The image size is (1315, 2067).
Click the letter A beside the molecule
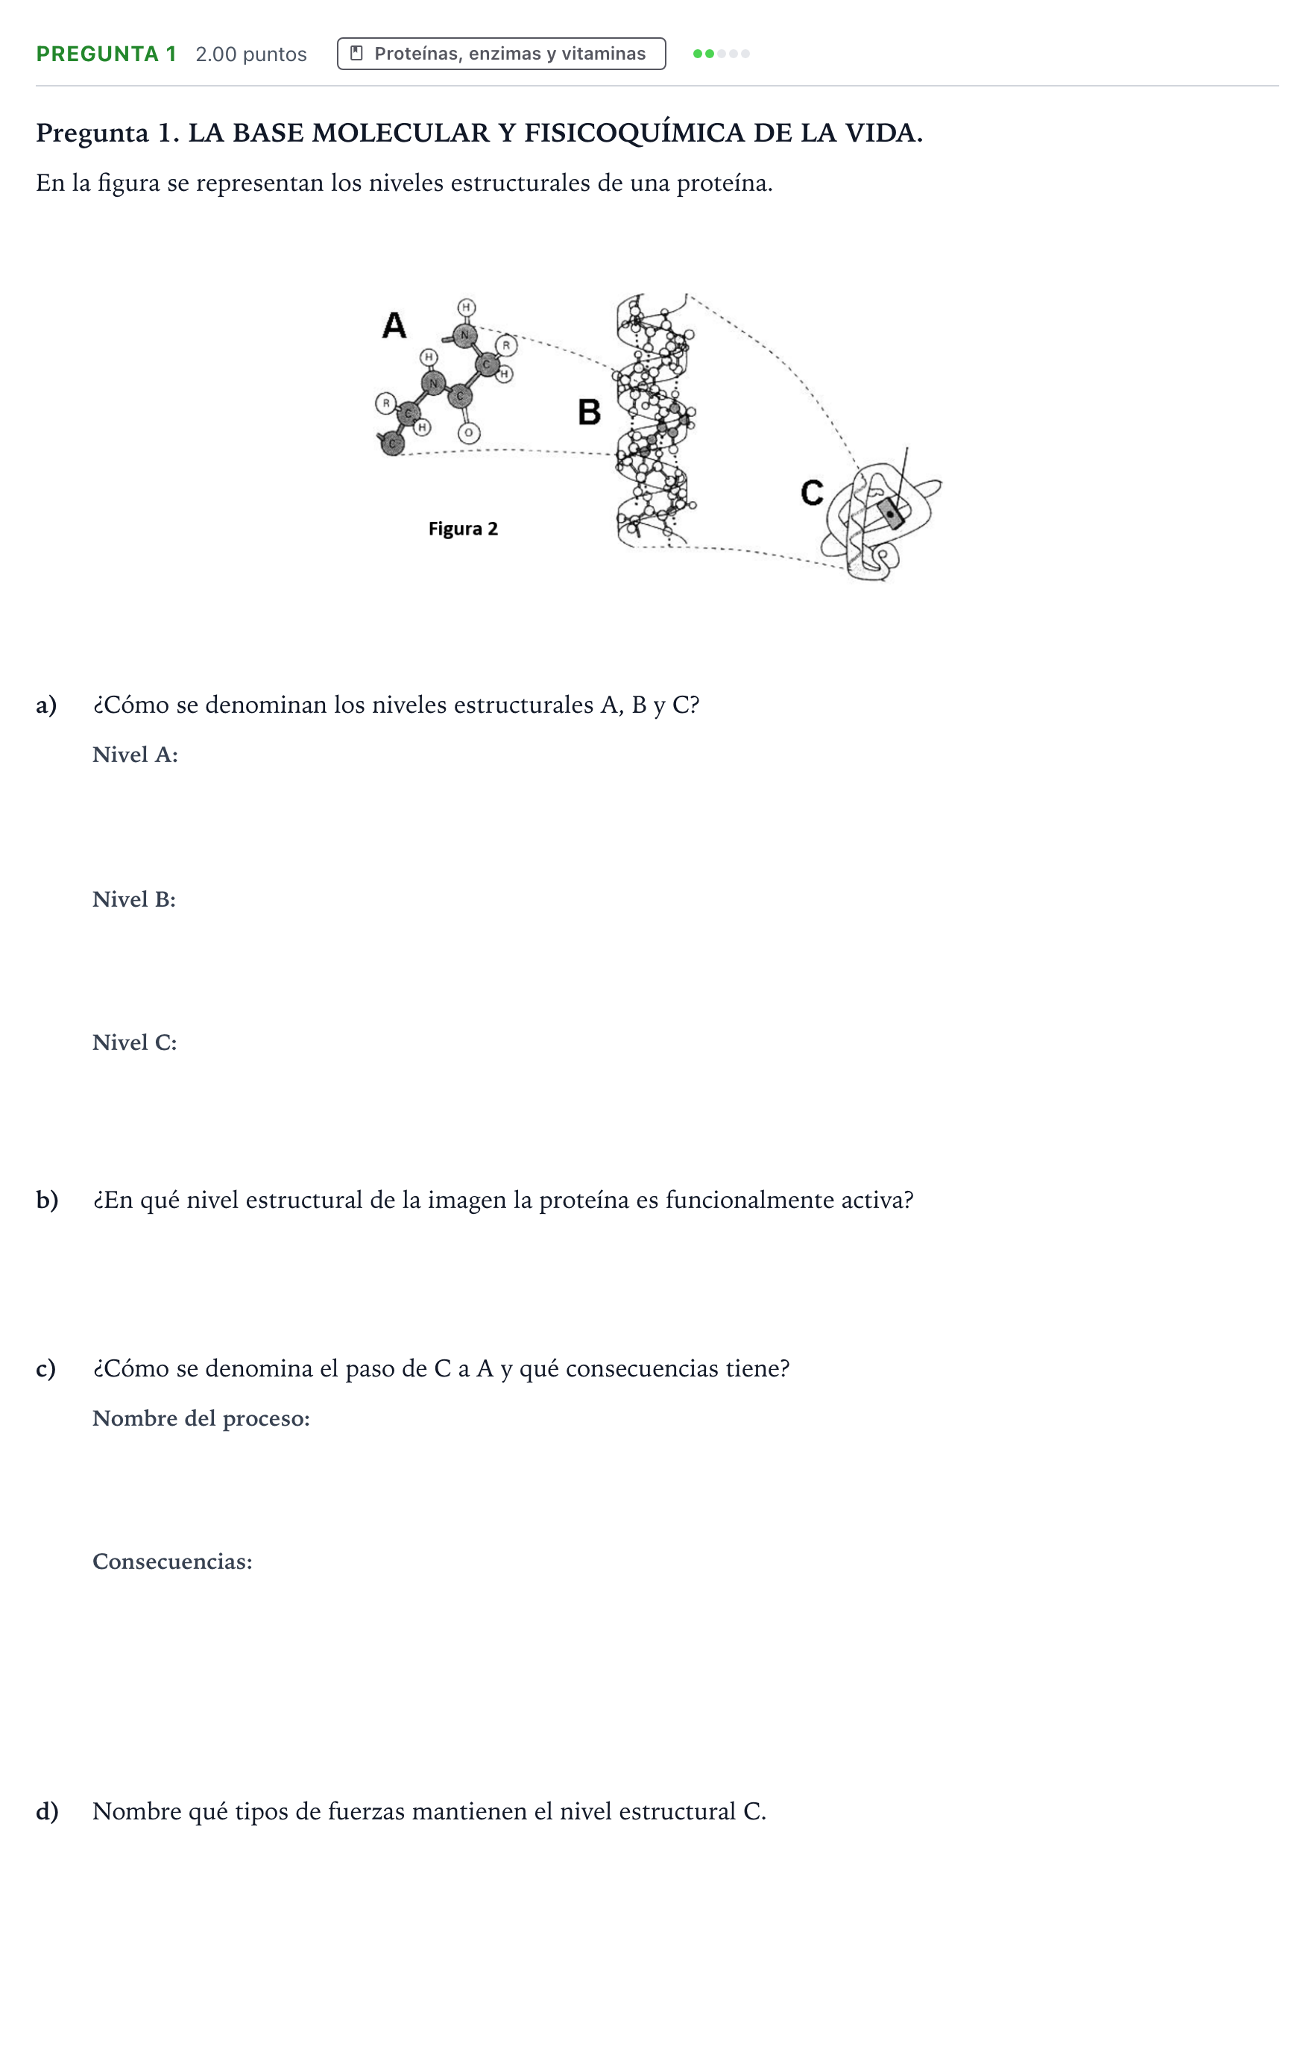click(394, 325)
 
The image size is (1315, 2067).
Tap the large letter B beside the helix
click(589, 412)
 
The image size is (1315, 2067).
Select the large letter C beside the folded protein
click(812, 493)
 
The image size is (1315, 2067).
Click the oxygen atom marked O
click(468, 433)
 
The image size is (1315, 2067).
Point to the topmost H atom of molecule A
click(466, 307)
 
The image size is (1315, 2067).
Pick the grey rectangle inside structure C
click(890, 513)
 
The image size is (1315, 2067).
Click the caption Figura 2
click(463, 529)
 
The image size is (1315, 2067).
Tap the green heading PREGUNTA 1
click(107, 54)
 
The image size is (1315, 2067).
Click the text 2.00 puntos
click(250, 54)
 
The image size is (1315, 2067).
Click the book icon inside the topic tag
click(357, 53)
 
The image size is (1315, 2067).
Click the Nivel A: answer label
click(135, 755)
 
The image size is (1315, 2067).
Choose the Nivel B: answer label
click(134, 899)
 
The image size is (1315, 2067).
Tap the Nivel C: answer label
click(135, 1042)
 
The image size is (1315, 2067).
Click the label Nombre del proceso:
click(201, 1418)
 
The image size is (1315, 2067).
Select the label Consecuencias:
click(172, 1561)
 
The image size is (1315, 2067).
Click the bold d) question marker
click(47, 1811)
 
